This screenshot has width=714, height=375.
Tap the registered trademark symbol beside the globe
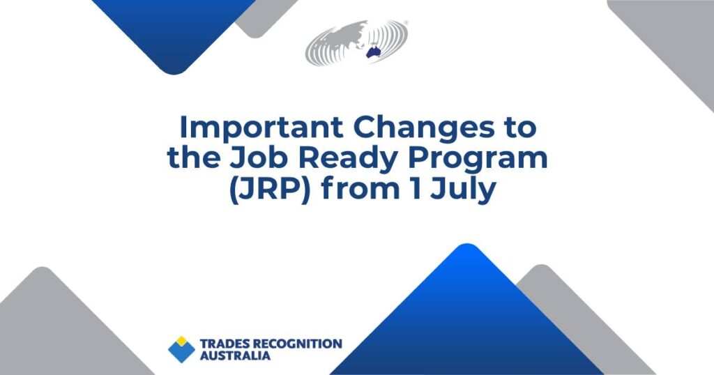coord(406,23)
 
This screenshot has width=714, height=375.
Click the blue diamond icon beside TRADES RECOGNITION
coord(182,349)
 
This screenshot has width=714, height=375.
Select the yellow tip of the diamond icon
coord(182,340)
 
